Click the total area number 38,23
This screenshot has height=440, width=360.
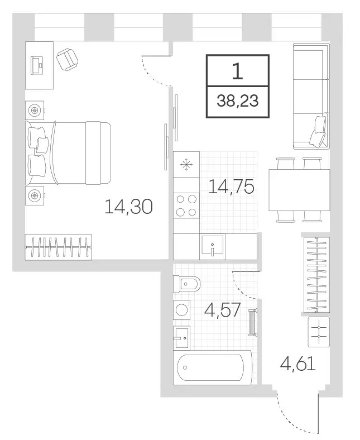tap(237, 101)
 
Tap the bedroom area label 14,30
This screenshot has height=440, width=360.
tap(128, 207)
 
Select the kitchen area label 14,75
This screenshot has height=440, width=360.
tap(231, 186)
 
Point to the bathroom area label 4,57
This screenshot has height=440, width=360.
tap(222, 310)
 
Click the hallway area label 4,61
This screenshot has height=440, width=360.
tap(298, 364)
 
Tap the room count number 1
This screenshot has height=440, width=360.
tap(237, 71)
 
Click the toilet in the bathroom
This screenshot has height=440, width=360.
tap(186, 284)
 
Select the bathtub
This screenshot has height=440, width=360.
tap(213, 367)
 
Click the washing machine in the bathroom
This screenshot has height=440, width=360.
tap(181, 310)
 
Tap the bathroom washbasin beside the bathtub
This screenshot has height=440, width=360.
tap(181, 338)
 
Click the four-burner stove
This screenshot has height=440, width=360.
tap(186, 205)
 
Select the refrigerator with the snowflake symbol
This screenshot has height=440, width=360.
tap(186, 164)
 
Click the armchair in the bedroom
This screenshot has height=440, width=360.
tap(67, 60)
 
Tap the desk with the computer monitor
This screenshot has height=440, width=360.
tap(39, 65)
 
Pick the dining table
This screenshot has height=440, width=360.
tap(299, 190)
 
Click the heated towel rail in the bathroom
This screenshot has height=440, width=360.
tap(252, 322)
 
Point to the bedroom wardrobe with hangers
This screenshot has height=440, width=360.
tap(58, 247)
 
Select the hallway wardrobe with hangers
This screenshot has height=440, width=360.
tap(317, 274)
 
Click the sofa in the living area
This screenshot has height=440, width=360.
tap(311, 96)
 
